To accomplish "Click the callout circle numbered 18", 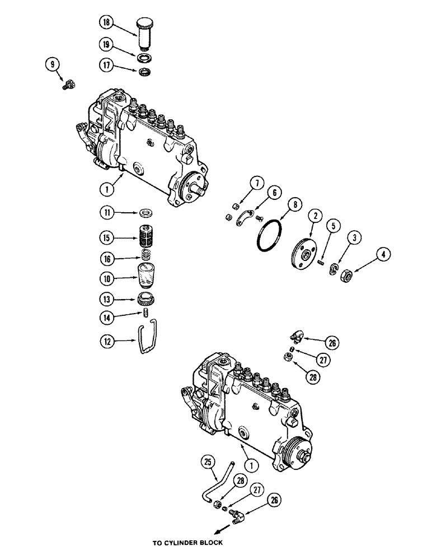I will pyautogui.click(x=106, y=24).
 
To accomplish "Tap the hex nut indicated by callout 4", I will pyautogui.click(x=346, y=276).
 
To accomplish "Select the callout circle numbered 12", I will pyautogui.click(x=107, y=340).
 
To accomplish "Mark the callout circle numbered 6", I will pyautogui.click(x=275, y=192).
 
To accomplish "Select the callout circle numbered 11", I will pyautogui.click(x=107, y=213).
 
